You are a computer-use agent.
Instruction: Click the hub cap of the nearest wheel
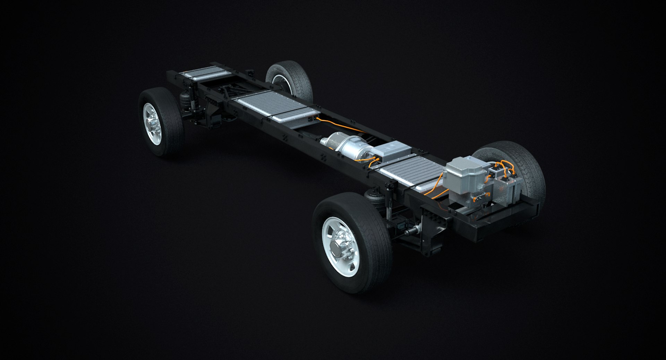pos(337,247)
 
